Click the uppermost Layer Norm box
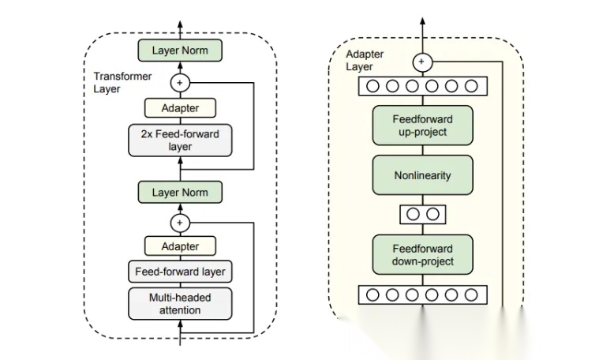tap(180, 51)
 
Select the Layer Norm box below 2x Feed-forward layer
tap(180, 192)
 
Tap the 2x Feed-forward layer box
tap(180, 141)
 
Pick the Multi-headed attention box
tap(180, 304)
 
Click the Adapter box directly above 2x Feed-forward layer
tap(180, 108)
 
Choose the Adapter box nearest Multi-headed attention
tap(180, 246)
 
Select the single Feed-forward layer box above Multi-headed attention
tap(180, 272)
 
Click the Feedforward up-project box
tap(422, 125)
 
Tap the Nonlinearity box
tap(422, 175)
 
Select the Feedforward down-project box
tap(422, 253)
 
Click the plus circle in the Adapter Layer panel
tap(422, 61)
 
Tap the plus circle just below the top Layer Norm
tap(180, 81)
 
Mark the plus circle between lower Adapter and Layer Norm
tap(180, 223)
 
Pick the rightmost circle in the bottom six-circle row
tap(471, 295)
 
